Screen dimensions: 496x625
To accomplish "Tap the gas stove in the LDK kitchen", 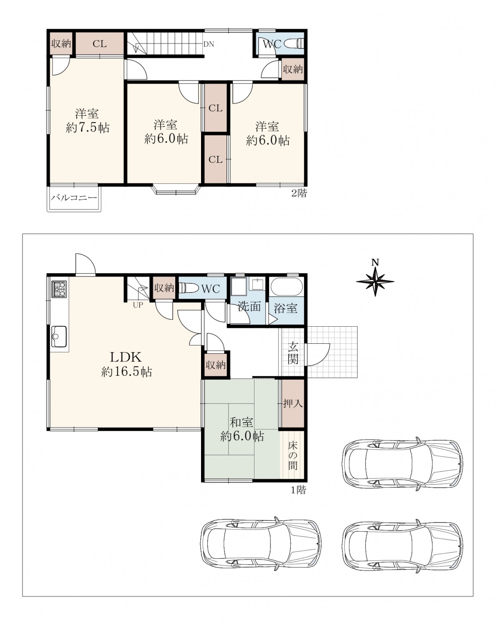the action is tap(60, 289).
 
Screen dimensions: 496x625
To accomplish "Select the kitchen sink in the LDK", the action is tap(59, 337).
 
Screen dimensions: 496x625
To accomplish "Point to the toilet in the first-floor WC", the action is tap(188, 288).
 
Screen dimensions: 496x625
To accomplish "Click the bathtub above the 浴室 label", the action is tap(286, 286).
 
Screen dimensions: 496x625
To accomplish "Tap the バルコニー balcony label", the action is tap(74, 198).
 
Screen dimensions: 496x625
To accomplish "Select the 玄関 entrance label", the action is tap(293, 353).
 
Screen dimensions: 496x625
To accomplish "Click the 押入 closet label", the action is tap(293, 403).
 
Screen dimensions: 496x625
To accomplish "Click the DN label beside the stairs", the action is tap(209, 44).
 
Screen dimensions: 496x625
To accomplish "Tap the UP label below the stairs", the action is tap(138, 305).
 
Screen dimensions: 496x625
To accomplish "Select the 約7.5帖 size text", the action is tap(88, 127).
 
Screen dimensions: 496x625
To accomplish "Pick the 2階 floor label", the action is tap(299, 193).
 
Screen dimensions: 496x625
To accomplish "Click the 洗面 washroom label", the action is tap(249, 306).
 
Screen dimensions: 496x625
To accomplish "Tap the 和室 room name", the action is tap(241, 422).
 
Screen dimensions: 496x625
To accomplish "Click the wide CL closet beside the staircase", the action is tap(100, 44).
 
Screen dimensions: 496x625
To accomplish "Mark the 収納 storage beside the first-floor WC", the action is tap(164, 288).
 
